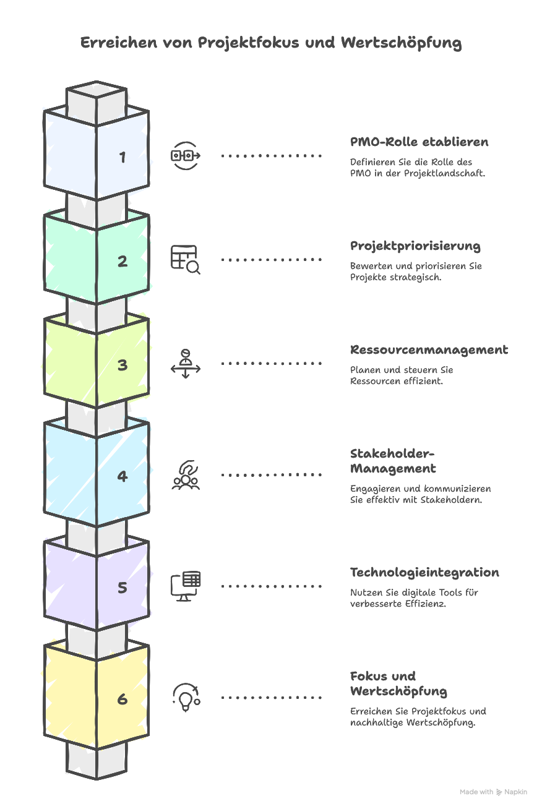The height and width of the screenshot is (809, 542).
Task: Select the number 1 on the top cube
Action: (x=123, y=157)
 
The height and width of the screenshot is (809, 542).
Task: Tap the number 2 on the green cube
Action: (x=123, y=261)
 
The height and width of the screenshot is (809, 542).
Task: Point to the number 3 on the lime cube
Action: (x=123, y=365)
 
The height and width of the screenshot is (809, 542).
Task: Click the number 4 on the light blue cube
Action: (x=123, y=476)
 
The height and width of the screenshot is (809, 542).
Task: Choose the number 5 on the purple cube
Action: (x=123, y=588)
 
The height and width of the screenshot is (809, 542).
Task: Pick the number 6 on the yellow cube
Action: (x=123, y=699)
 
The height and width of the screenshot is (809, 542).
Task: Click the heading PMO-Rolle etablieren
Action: (x=419, y=142)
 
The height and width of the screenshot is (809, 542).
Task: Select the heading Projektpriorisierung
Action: (x=415, y=246)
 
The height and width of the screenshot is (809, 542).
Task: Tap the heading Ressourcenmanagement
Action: (x=429, y=350)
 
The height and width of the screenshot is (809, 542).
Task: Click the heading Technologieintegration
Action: (x=424, y=573)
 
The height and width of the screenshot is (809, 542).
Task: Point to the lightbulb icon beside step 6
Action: (x=185, y=698)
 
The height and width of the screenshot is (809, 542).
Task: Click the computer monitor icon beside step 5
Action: (x=186, y=586)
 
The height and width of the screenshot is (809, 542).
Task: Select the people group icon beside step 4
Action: (x=186, y=475)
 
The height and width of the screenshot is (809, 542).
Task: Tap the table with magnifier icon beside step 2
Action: (x=186, y=260)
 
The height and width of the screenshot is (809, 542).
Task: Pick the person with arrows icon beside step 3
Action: (x=186, y=364)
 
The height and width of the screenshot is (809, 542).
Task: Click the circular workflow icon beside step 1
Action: (x=186, y=156)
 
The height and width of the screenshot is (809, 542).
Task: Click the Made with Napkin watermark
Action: (x=493, y=792)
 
